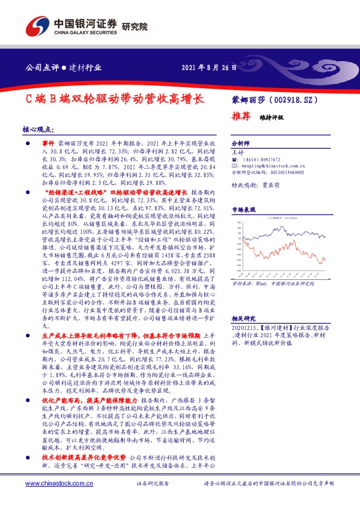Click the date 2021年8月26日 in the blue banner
pos(209,68)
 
